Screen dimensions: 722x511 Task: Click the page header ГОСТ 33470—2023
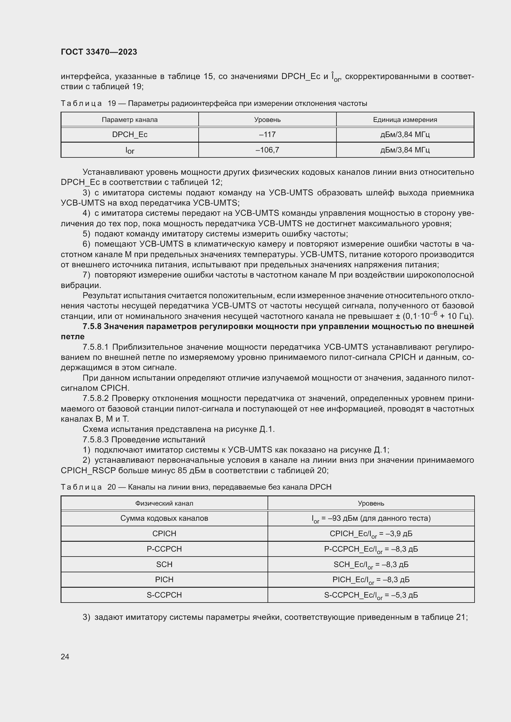coord(99,52)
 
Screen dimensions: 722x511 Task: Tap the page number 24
coord(65,657)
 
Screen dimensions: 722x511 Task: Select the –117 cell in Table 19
coord(267,135)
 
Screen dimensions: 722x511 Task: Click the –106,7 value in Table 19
coord(267,150)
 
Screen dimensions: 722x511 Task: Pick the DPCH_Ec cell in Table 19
coord(130,135)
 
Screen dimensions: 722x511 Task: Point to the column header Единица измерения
coord(405,120)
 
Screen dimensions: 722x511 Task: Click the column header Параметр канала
coord(130,120)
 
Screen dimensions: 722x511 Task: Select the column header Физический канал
coord(164,503)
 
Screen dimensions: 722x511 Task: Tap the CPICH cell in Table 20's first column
coord(164,534)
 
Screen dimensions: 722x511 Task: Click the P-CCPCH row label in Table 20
coord(164,549)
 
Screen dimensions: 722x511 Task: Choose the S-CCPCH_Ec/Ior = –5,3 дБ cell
coord(371,595)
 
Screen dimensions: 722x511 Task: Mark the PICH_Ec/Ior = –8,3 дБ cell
coord(371,580)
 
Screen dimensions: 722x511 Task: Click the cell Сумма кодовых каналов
coord(164,518)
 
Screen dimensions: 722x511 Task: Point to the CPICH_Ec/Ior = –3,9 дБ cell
coord(371,534)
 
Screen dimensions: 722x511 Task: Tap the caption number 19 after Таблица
coord(112,103)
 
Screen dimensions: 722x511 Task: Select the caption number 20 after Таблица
coord(112,487)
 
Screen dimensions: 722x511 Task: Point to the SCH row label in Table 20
coord(164,565)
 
